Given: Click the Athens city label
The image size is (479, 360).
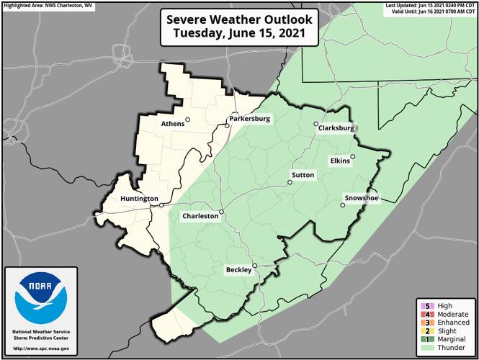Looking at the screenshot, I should (172, 123).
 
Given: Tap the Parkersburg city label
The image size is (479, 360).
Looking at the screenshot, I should (250, 119).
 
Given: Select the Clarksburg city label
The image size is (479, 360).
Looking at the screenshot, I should (336, 128).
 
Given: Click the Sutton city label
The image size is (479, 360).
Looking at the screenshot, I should (303, 175).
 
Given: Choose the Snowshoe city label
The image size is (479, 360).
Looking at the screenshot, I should (361, 198).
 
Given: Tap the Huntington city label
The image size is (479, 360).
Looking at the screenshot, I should (140, 198).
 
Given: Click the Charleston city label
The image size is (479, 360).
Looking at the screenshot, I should (200, 215).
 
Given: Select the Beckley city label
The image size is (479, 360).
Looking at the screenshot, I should (238, 270).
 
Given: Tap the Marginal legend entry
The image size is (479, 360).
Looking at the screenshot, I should (444, 339).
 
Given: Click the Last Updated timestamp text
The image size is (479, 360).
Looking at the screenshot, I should (431, 5).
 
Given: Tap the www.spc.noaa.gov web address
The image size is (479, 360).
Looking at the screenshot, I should (41, 348).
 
